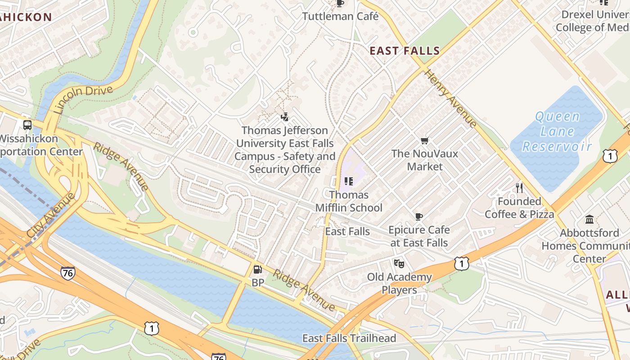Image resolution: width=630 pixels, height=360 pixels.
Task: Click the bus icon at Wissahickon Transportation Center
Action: click(27, 125)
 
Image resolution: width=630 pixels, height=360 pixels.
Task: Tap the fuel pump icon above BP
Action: click(257, 270)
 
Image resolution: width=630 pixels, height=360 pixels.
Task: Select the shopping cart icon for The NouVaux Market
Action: click(424, 141)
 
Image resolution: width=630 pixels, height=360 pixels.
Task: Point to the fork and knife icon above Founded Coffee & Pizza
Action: click(519, 188)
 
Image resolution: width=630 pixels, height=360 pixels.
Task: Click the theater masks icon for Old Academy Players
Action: click(399, 263)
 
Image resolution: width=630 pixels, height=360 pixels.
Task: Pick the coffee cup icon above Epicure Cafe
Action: click(419, 216)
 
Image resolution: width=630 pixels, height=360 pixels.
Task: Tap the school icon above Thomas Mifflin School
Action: click(348, 181)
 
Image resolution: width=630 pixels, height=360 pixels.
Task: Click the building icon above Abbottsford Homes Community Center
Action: click(589, 220)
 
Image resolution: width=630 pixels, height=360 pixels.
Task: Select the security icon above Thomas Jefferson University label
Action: click(284, 117)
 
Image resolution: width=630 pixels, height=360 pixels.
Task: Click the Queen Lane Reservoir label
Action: click(557, 131)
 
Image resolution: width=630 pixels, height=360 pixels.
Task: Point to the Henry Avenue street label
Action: click(450, 99)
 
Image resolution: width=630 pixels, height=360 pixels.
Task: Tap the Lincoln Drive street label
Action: click(83, 99)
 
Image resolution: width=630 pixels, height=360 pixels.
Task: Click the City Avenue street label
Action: click(51, 215)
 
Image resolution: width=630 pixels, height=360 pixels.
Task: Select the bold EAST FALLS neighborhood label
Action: click(405, 51)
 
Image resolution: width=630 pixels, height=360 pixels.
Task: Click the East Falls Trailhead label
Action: click(349, 338)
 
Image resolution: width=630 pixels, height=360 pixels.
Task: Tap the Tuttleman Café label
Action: click(340, 17)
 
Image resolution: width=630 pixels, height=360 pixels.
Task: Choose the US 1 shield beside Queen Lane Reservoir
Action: click(609, 156)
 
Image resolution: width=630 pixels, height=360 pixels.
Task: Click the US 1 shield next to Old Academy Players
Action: click(462, 264)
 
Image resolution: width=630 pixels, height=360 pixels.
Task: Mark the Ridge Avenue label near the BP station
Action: click(304, 290)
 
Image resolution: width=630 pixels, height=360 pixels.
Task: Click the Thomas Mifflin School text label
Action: click(349, 201)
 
